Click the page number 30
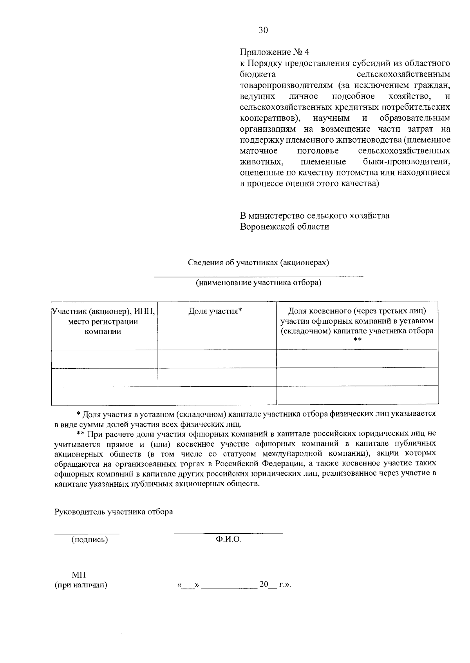coord(263,30)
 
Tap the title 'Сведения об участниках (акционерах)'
coord(258,263)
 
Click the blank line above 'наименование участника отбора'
coord(258,276)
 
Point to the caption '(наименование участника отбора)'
coord(258,283)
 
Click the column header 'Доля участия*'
coord(215,312)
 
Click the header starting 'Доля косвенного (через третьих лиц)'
coord(357,312)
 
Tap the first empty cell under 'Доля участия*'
coord(217,359)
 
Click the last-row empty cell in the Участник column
coord(105,396)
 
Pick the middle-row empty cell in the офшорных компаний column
coord(357,377)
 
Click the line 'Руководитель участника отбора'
coord(114,512)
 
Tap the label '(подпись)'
coord(89,540)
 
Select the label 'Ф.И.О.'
coord(228,540)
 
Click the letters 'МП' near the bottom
coord(79,575)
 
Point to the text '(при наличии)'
coord(81,585)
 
